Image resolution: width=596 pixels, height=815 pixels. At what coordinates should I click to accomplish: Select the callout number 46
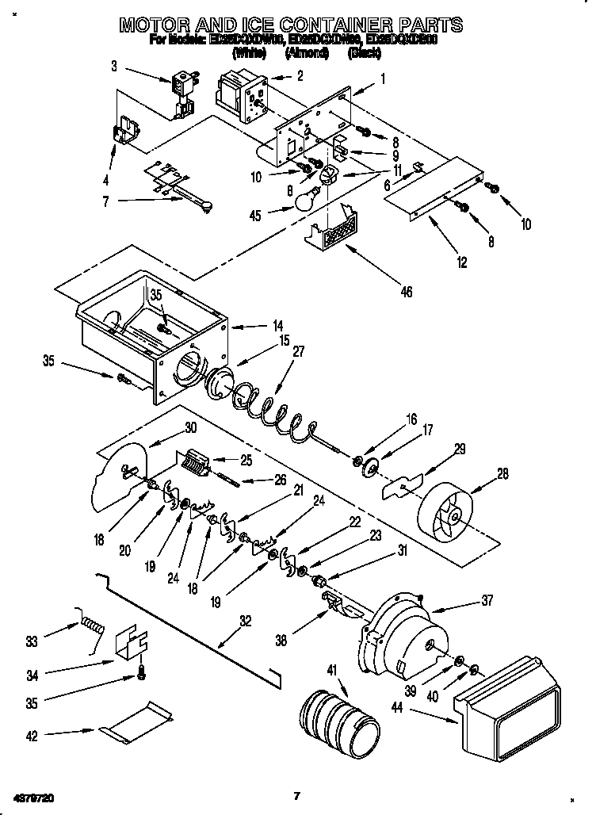[406, 293]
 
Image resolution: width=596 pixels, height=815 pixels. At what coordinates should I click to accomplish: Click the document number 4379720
[34, 795]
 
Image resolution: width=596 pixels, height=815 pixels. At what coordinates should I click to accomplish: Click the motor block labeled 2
[239, 89]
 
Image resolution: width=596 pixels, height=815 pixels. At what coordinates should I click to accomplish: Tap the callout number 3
[114, 67]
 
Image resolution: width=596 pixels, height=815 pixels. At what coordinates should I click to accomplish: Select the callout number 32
[246, 621]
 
